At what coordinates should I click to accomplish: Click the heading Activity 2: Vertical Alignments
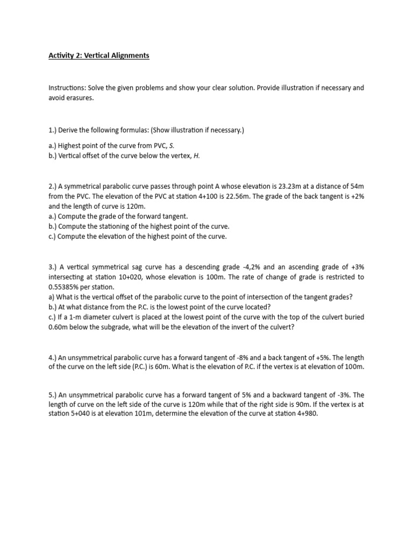tap(99, 55)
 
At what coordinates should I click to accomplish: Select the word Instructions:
tap(68, 88)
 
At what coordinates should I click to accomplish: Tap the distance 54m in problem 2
tap(358, 186)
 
